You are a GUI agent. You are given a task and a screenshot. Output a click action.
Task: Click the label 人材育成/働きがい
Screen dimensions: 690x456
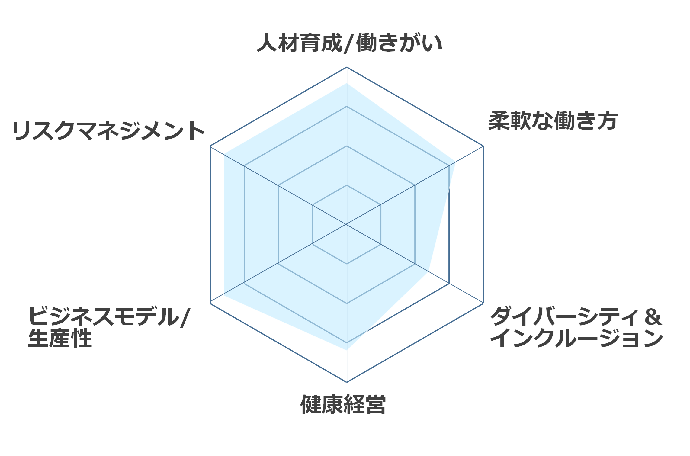349,43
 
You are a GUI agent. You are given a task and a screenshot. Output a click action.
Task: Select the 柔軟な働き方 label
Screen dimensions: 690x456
553,121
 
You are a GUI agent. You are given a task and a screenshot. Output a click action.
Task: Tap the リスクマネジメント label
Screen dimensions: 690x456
109,130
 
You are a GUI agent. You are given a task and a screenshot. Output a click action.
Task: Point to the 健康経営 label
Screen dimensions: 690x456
343,404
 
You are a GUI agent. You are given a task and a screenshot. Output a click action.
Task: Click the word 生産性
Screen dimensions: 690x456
60,338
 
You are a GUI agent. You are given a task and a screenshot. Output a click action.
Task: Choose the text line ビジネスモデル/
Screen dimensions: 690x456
109,316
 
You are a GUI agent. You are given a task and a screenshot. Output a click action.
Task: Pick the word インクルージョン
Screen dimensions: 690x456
577,338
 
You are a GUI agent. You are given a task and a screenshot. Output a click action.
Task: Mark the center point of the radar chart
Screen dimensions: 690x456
347,224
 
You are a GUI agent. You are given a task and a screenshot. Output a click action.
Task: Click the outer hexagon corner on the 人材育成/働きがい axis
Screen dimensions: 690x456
347,67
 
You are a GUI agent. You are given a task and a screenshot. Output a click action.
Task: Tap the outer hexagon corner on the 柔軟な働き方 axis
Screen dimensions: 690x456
483,146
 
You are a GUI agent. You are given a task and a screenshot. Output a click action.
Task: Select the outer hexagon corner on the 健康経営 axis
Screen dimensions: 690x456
347,382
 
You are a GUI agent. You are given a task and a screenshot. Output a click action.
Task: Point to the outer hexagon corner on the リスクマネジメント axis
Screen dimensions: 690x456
210,146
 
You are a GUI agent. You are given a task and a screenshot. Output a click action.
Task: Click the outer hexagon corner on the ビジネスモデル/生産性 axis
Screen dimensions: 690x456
210,303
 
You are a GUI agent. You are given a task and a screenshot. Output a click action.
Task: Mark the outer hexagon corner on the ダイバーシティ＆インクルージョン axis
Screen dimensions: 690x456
483,303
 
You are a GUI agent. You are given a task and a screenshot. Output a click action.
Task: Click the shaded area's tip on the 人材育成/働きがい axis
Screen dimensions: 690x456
347,83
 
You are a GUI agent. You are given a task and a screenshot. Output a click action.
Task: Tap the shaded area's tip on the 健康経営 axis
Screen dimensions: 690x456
347,350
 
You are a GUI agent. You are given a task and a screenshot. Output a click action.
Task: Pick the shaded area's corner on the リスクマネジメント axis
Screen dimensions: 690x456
224,154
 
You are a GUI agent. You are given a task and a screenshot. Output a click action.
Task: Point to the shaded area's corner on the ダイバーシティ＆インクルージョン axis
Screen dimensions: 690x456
428,271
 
